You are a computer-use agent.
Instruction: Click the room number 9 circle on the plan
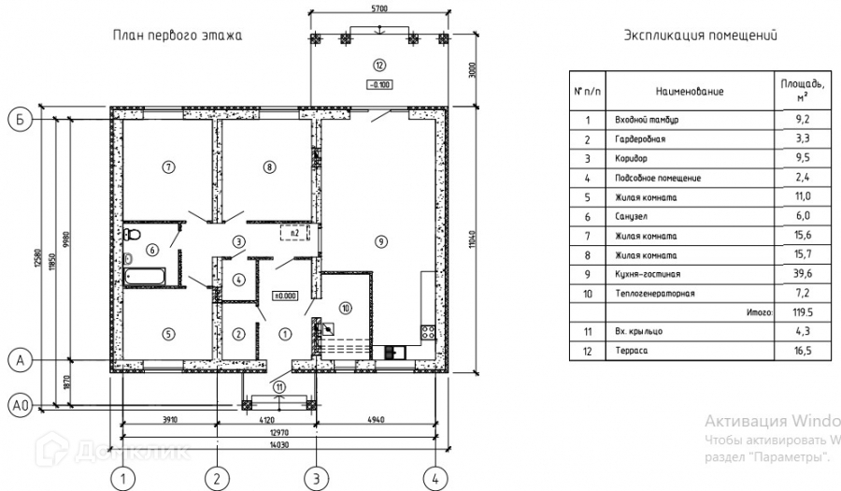pyautogui.click(x=379, y=241)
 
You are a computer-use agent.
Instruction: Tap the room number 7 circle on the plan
pyautogui.click(x=168, y=167)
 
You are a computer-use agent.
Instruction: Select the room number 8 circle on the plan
pyautogui.click(x=269, y=167)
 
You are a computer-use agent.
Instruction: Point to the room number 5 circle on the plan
pyautogui.click(x=168, y=334)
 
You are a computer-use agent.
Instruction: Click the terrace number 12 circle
pyautogui.click(x=378, y=65)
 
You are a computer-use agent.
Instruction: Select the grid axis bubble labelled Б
pyautogui.click(x=20, y=119)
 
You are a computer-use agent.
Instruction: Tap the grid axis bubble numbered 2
pyautogui.click(x=217, y=478)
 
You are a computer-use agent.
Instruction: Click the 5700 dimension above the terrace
pyautogui.click(x=378, y=7)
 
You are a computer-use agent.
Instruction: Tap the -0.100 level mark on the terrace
pyautogui.click(x=378, y=84)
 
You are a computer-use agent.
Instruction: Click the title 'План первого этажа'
pyautogui.click(x=178, y=36)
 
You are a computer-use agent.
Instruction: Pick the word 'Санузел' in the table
pyautogui.click(x=631, y=216)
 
